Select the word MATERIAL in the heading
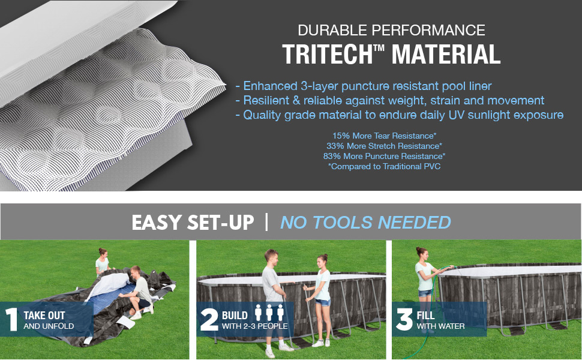pos(446,55)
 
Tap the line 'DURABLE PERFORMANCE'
pos(391,30)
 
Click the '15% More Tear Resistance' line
pos(384,136)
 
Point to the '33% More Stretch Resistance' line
pos(384,146)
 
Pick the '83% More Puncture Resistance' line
pos(384,156)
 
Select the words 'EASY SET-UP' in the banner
pos(193,223)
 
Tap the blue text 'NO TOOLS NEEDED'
pos(365,223)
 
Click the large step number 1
pos(11,319)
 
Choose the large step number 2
pos(209,319)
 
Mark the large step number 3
pos(404,319)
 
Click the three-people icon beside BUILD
pos(269,313)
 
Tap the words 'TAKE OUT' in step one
pos(44,316)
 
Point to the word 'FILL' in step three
pos(425,316)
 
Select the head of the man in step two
pos(271,256)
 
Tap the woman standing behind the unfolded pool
pos(103,262)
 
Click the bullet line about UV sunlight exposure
pos(400,115)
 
